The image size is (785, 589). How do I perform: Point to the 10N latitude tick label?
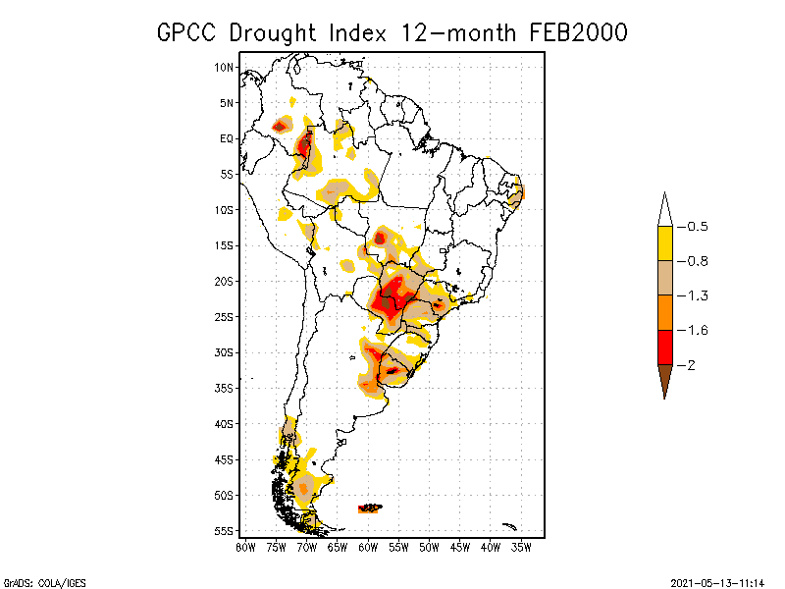(225, 67)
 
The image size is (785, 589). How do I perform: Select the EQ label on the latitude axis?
(227, 138)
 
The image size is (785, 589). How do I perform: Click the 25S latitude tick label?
(225, 317)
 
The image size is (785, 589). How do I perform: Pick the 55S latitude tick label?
(225, 531)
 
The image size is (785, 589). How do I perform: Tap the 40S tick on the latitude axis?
(225, 424)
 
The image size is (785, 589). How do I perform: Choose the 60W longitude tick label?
(368, 546)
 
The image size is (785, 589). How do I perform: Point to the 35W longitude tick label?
(521, 546)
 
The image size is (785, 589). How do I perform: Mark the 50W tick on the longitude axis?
(429, 546)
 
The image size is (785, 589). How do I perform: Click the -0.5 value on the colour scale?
(697, 227)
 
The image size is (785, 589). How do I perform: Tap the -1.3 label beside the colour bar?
(697, 295)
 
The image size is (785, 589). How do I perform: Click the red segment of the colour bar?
(664, 348)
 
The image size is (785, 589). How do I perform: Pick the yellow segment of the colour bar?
(664, 243)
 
